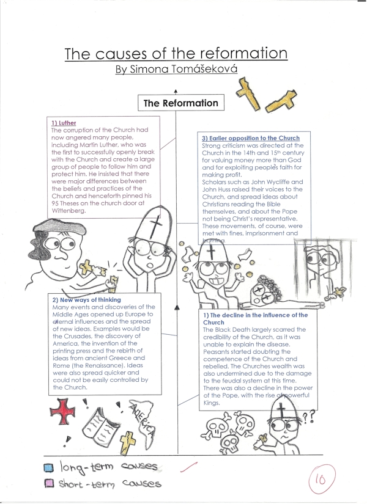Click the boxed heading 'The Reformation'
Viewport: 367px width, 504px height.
(180, 103)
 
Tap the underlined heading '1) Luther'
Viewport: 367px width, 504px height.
(64, 123)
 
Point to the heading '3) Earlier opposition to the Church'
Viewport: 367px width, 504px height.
(251, 139)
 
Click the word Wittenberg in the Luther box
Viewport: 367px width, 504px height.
(69, 210)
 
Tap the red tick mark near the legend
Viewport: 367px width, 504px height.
(190, 469)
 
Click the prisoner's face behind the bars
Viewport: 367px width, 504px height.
(322, 261)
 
